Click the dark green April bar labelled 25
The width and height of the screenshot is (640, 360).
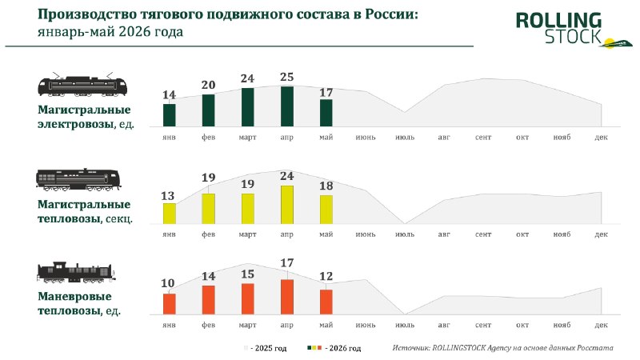287,106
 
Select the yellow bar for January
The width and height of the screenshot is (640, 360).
170,214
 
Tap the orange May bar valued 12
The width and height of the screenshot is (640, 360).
326,302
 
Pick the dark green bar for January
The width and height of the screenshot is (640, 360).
170,115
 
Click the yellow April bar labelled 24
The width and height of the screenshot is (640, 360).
287,205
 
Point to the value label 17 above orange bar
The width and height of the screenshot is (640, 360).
287,263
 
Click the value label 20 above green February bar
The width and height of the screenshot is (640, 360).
208,85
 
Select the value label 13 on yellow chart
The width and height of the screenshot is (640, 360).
168,196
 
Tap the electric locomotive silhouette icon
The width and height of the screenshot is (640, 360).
82,85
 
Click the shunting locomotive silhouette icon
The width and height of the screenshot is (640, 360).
76,272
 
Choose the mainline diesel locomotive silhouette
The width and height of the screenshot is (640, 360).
78,179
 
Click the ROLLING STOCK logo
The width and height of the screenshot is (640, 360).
574,30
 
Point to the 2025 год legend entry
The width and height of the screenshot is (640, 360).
266,348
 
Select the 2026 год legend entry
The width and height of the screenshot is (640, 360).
334,348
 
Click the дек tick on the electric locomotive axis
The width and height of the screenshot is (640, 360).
602,138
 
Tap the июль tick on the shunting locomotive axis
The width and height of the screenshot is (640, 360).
405,325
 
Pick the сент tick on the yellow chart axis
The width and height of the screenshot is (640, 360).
483,234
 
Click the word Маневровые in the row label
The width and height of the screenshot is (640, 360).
74,296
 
